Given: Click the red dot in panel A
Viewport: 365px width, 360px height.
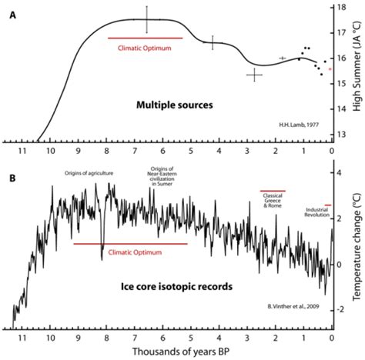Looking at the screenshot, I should pyautogui.click(x=330, y=69).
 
